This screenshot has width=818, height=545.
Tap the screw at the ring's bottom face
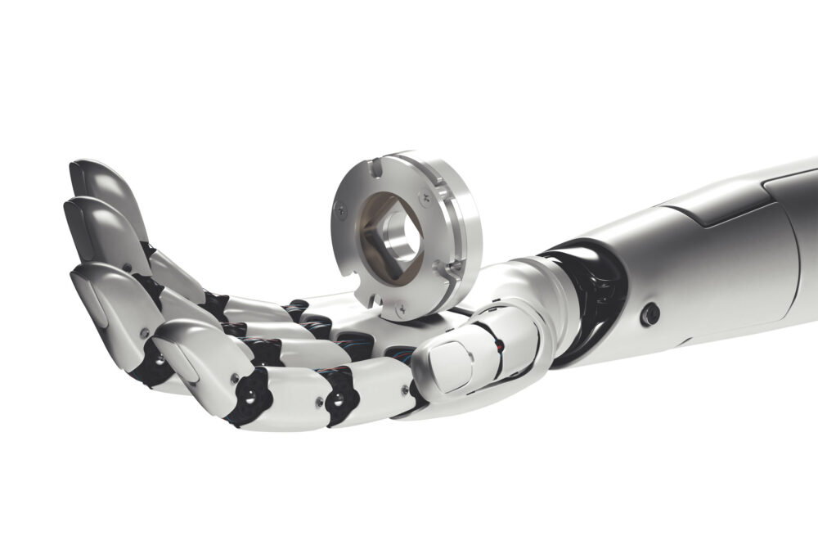(x=400, y=309)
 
